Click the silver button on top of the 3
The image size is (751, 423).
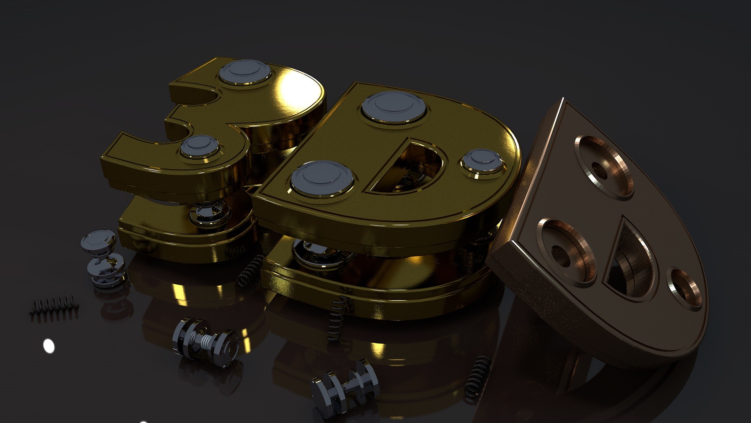(245, 72)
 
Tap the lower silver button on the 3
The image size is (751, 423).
(200, 146)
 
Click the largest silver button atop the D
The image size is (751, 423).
(393, 105)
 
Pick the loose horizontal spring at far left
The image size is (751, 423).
(53, 307)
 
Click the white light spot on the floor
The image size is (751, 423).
(49, 346)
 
